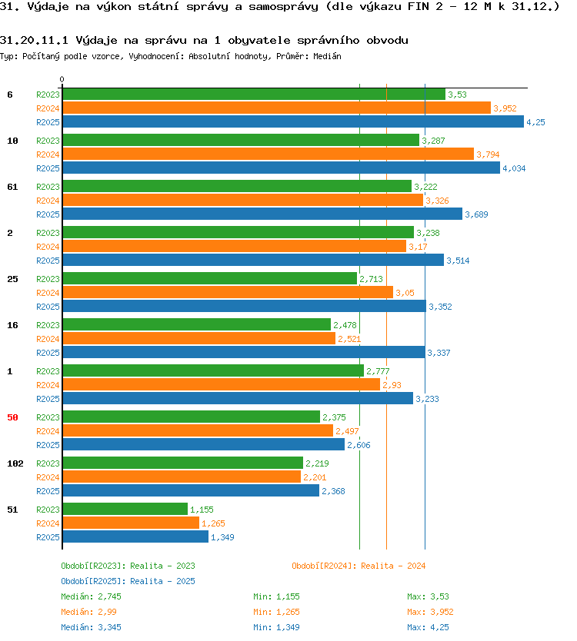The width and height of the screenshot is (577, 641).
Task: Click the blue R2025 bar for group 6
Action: coord(293,122)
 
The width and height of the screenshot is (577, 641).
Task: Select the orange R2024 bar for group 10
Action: coord(268,154)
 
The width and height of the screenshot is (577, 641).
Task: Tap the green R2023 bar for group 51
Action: coord(125,509)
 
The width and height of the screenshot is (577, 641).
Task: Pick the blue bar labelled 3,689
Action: coord(262,214)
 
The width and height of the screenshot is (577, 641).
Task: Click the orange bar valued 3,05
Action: coord(228,292)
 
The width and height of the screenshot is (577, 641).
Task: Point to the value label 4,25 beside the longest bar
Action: coord(535,122)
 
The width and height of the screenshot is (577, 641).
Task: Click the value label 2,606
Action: coord(359,445)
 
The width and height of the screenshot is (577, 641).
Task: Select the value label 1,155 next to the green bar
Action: coord(202,510)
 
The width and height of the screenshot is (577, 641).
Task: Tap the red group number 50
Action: coord(12,417)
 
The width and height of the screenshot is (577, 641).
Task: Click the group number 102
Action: coord(15,463)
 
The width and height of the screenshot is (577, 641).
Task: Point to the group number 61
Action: coord(12,187)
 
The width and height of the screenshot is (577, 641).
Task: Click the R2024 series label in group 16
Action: coord(48,339)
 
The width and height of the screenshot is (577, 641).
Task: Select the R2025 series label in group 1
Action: coord(48,399)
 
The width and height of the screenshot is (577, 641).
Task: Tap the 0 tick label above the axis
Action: coord(62,79)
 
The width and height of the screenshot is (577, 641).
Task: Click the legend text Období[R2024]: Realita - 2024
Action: coord(359,566)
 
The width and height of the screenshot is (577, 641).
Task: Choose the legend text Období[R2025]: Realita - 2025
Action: coord(128,581)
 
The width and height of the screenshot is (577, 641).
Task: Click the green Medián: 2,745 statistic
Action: coord(92,596)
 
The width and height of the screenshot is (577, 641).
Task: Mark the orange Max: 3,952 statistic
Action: coord(430,612)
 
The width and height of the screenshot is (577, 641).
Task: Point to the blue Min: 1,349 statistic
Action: coord(277,627)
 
